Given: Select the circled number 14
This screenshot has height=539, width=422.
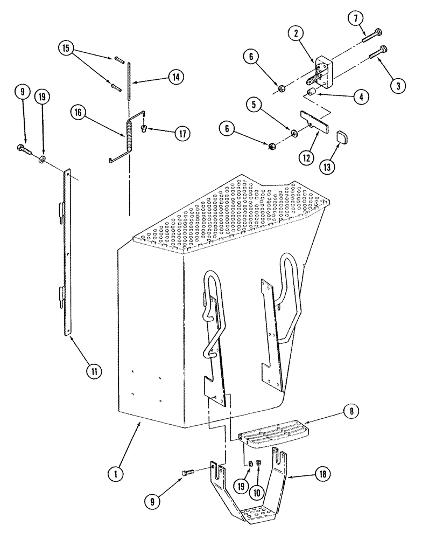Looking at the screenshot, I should [x=174, y=77].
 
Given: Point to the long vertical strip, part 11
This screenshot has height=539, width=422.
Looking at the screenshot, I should [x=67, y=253].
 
